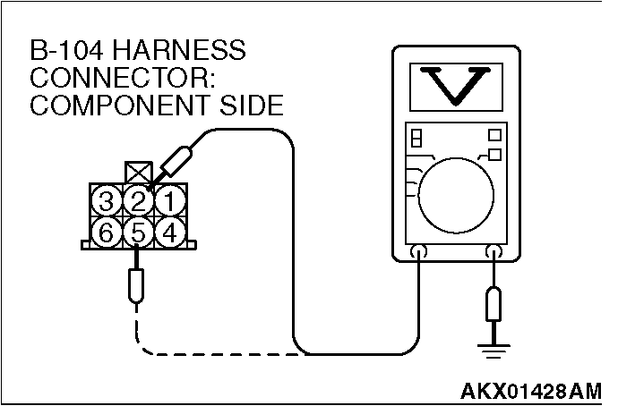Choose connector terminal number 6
click(x=107, y=232)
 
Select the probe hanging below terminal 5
click(x=136, y=285)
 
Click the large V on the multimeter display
click(x=451, y=86)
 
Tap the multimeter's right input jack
click(x=492, y=253)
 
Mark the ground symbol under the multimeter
click(x=492, y=350)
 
